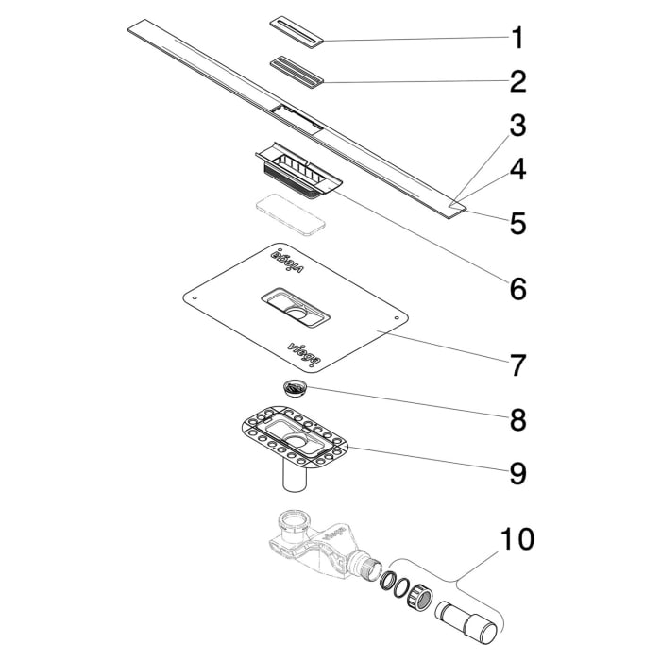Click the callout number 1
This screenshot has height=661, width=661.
point(517,39)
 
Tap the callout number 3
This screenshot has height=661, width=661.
point(517,126)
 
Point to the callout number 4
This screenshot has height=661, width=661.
point(517,170)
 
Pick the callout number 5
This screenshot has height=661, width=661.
point(517,223)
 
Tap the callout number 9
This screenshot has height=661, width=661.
point(517,472)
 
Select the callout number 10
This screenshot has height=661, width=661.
point(517,540)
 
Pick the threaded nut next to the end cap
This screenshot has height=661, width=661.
point(420,599)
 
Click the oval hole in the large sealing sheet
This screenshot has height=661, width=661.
point(297,311)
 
